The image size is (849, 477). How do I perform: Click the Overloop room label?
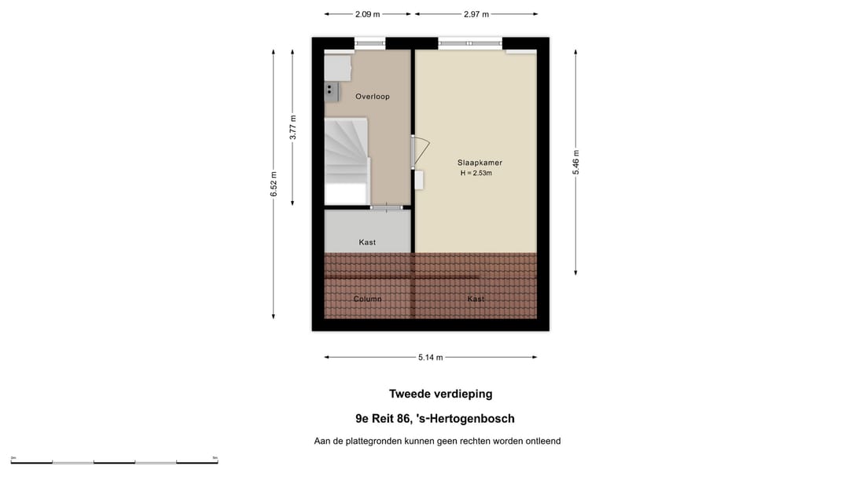[x=372, y=97]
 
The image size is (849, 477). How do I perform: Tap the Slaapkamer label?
[x=480, y=163]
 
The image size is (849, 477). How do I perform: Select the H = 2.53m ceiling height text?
[x=476, y=173]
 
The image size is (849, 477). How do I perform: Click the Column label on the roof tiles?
[x=367, y=299]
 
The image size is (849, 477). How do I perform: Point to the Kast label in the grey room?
[x=367, y=242]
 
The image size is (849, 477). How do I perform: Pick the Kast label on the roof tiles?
[x=476, y=299]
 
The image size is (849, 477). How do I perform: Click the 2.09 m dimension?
[x=367, y=14]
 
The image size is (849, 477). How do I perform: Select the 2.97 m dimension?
[x=476, y=14]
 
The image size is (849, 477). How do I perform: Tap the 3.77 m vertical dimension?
[x=292, y=127]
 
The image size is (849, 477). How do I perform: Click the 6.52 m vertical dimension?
[x=273, y=185]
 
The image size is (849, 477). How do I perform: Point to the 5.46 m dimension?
[x=575, y=163]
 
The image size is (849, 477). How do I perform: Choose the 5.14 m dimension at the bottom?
[x=430, y=358]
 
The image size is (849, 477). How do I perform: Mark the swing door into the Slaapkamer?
[x=420, y=152]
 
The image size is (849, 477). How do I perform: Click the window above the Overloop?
[x=369, y=43]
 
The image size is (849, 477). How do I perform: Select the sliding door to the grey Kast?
[x=386, y=207]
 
